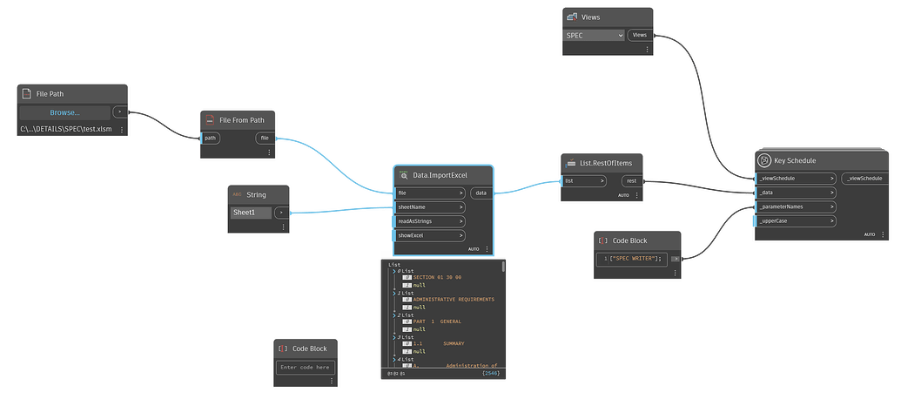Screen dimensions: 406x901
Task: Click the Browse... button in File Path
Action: pyautogui.click(x=64, y=112)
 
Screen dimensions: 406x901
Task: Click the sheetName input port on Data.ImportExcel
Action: pyautogui.click(x=430, y=207)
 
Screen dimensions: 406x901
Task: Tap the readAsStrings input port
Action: pyautogui.click(x=430, y=221)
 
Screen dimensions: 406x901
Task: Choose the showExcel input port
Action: pyautogui.click(x=430, y=235)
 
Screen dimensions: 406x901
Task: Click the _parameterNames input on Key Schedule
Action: pyautogui.click(x=794, y=206)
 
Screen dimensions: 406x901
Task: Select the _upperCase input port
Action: pyautogui.click(x=794, y=220)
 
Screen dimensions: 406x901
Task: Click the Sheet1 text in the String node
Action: pyautogui.click(x=250, y=213)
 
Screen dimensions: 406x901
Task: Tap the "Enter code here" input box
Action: pyautogui.click(x=305, y=368)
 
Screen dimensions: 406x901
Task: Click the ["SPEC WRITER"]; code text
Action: pyautogui.click(x=635, y=258)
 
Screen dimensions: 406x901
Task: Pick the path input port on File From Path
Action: pyautogui.click(x=211, y=138)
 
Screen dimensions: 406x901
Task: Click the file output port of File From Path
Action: pyautogui.click(x=265, y=138)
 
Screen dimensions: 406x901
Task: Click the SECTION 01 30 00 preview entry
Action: pyautogui.click(x=436, y=277)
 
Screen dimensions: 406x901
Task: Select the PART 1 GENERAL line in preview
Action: pyautogui.click(x=438, y=321)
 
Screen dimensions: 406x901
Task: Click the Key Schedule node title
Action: pyautogui.click(x=791, y=160)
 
